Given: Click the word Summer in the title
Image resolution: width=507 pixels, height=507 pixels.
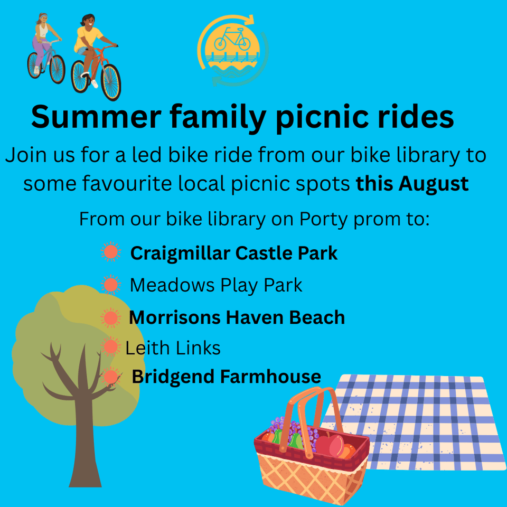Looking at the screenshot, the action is point(96,117).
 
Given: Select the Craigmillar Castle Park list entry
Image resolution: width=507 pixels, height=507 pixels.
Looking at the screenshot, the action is point(234,253).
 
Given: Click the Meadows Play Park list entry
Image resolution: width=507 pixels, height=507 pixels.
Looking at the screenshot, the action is point(216,286).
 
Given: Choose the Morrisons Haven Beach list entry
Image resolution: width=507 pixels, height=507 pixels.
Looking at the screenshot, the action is point(237,317).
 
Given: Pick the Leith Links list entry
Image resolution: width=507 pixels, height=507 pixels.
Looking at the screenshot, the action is point(173,348).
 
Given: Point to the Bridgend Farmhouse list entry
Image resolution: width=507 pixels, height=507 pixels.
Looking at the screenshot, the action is point(227,377).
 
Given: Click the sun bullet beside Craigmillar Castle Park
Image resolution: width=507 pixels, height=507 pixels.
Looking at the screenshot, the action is point(110,252).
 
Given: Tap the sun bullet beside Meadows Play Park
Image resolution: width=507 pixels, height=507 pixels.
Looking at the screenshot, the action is point(110,285).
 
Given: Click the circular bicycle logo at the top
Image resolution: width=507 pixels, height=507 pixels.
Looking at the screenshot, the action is point(233,51).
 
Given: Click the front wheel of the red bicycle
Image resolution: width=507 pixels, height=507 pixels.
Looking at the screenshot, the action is point(111,82).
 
